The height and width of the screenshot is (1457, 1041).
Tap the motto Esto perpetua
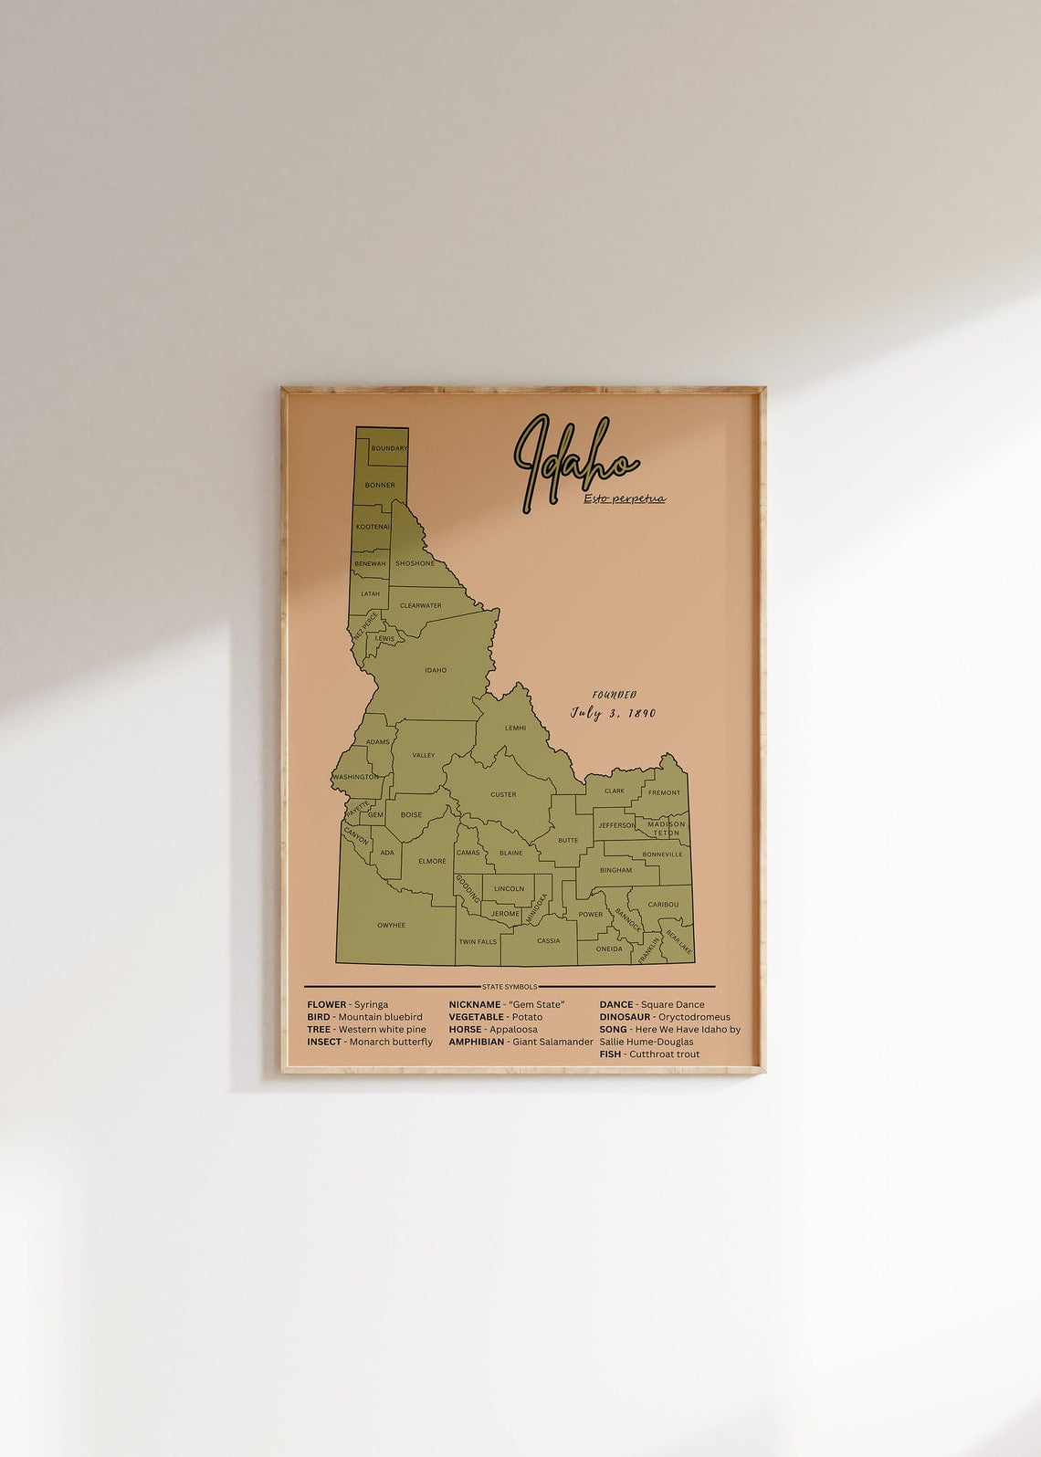(625, 498)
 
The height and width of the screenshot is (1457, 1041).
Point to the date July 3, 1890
(613, 713)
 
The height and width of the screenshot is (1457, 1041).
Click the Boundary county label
(389, 448)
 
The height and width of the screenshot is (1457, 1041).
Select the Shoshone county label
(415, 563)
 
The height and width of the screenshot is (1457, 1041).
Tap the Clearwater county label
(420, 605)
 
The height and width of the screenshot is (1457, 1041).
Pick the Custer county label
(503, 794)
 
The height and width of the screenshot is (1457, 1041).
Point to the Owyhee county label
(391, 925)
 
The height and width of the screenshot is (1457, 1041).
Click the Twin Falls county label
(478, 941)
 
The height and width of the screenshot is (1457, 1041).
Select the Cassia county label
(548, 940)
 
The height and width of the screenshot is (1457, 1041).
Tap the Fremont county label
(664, 792)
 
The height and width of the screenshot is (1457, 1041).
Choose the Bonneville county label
(662, 854)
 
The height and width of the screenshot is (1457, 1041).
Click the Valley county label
(423, 755)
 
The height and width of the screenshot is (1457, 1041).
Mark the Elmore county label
(432, 861)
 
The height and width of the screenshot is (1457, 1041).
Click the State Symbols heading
(510, 987)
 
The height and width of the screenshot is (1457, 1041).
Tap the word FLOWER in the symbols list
(327, 1004)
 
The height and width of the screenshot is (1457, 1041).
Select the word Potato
(527, 1017)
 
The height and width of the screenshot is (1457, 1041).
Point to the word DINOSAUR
(625, 1017)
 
